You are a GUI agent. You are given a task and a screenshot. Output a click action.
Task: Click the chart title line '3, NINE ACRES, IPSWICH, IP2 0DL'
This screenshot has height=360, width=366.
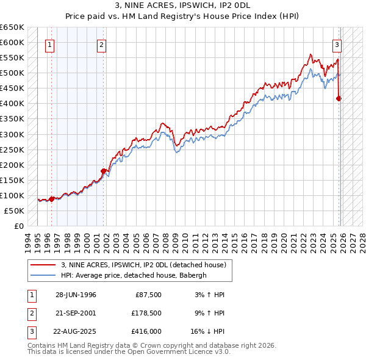pyautogui.click(x=183, y=5)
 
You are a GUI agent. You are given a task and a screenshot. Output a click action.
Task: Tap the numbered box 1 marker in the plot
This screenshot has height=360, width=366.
pyautogui.click(x=49, y=44)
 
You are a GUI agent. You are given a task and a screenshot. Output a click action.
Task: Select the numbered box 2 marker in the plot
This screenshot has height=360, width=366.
pyautogui.click(x=101, y=44)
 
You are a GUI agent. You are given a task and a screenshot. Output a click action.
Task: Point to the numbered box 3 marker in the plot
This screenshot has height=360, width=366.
pyautogui.click(x=336, y=44)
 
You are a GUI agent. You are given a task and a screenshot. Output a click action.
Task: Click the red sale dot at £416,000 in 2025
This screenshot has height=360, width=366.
pyautogui.click(x=339, y=98)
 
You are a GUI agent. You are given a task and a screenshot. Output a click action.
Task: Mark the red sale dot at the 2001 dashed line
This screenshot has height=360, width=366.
pyautogui.click(x=104, y=171)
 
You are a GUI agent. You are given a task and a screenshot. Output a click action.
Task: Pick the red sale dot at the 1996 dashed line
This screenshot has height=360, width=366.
pyautogui.click(x=52, y=198)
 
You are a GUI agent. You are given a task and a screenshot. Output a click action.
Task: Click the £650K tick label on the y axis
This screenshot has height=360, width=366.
pyautogui.click(x=12, y=27)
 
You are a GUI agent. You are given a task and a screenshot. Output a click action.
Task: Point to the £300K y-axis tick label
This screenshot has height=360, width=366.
pyautogui.click(x=12, y=134)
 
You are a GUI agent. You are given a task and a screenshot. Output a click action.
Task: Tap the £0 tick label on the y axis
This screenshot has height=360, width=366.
pyautogui.click(x=18, y=226)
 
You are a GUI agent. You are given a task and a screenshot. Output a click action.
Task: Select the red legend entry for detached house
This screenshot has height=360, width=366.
pyautogui.click(x=143, y=265)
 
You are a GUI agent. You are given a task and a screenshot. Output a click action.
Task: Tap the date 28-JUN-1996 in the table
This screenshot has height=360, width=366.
pyautogui.click(x=76, y=295)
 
